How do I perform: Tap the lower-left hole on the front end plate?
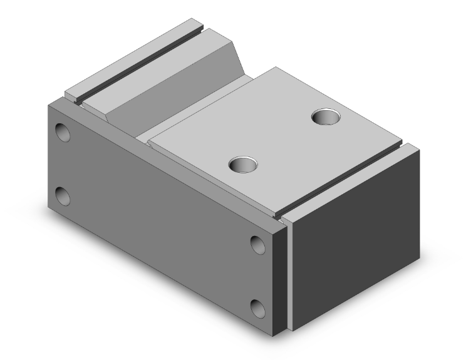coord(63,196)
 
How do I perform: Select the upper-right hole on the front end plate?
coord(258,244)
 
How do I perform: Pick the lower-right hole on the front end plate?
coord(258,307)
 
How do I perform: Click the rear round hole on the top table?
coord(326,116)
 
